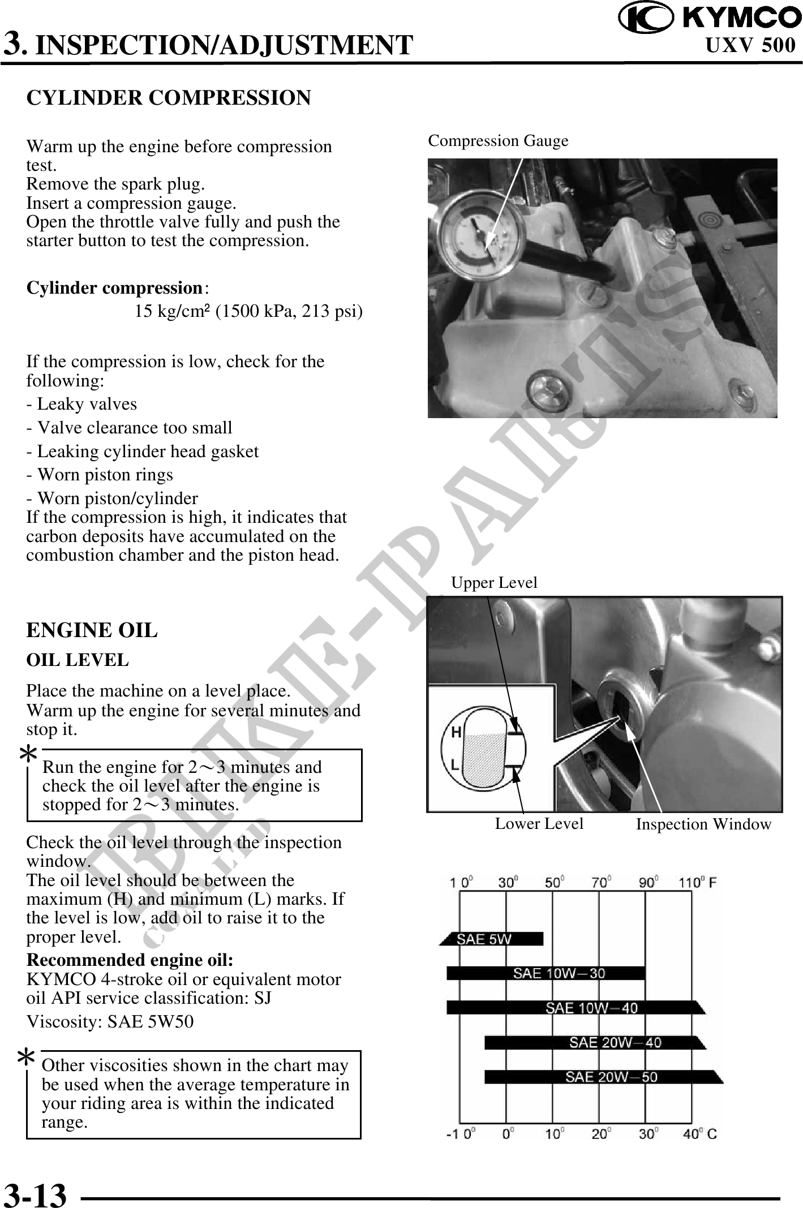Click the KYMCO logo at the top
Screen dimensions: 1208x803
[709, 18]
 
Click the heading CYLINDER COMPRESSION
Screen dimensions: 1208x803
[169, 98]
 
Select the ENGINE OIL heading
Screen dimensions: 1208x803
[92, 630]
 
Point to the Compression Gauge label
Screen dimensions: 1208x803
[498, 140]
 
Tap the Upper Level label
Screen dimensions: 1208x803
[494, 582]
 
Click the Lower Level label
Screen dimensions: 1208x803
[539, 823]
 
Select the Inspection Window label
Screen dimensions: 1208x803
[703, 824]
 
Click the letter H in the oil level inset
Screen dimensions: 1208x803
[456, 733]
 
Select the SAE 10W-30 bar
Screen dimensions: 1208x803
[546, 973]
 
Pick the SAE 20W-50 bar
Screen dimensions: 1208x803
[603, 1077]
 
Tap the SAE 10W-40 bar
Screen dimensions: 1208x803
[574, 1008]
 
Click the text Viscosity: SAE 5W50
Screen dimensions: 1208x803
[110, 1021]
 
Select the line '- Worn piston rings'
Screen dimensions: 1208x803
[100, 475]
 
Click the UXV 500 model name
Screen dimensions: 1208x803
[750, 45]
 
